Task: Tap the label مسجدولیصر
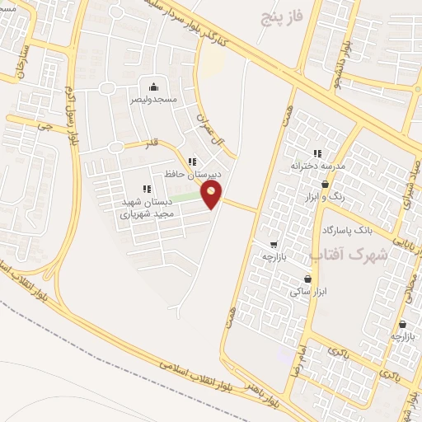click(152, 99)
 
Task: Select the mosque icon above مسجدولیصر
click(152, 87)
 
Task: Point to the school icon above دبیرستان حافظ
click(192, 162)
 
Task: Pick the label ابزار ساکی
click(309, 292)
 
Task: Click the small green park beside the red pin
click(190, 197)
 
